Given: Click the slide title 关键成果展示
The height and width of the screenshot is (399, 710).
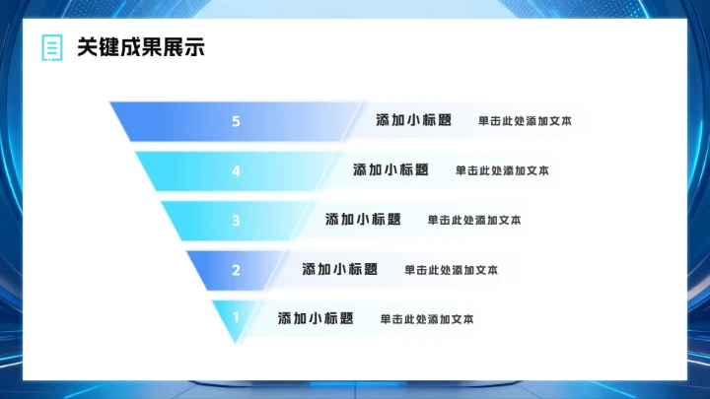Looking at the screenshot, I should coord(141,47).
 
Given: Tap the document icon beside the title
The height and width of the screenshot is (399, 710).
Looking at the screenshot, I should coord(51,47).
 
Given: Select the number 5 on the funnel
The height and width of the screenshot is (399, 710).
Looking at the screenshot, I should coord(236,121).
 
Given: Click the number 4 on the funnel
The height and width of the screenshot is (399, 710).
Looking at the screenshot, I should coord(236,170).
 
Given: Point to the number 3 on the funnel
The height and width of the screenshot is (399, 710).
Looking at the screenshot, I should coord(236,220).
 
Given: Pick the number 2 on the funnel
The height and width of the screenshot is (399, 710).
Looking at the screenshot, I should coord(236,269).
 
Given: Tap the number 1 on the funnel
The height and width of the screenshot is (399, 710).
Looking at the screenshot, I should coord(236,317).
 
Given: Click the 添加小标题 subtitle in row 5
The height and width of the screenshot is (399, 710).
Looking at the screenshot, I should coord(414,120).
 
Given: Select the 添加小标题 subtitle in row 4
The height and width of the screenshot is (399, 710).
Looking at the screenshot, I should coord(391,169).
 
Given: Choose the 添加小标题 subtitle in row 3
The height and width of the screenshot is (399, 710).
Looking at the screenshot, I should coord(363,219).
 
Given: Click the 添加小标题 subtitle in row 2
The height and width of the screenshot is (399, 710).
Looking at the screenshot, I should coord(340,269).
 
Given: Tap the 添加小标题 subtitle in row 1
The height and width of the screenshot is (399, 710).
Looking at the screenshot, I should coord(316,318).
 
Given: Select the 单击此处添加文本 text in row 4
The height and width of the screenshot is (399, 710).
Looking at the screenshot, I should coord(502,170).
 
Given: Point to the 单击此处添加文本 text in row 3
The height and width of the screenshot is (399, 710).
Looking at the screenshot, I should coord(474,220).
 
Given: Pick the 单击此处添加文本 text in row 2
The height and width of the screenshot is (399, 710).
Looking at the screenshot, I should coord(451,270).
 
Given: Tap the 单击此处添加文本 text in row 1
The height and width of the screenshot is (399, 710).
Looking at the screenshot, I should coord(427,319).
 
